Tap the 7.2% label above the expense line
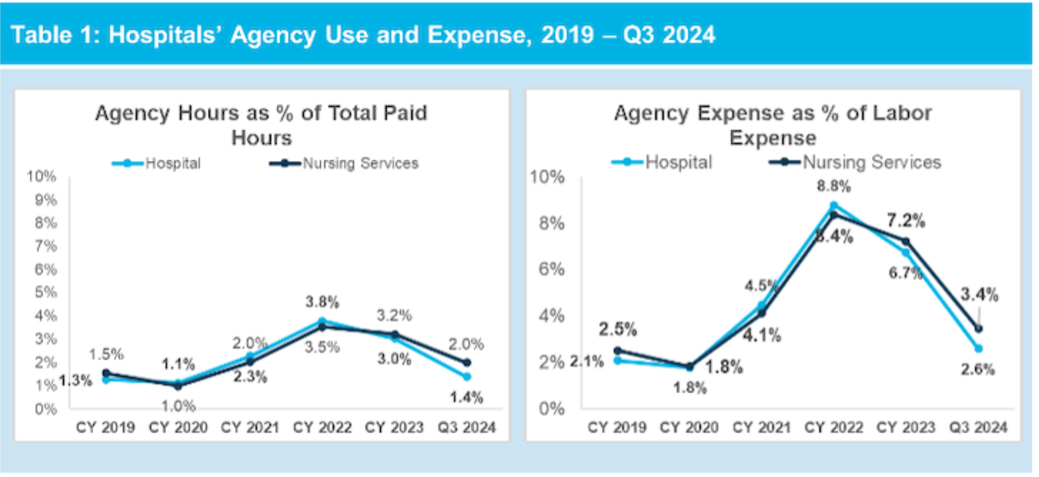coord(906,220)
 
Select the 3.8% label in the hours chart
coord(322,302)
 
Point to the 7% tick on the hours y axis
coord(45,246)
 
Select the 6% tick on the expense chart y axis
coord(551,269)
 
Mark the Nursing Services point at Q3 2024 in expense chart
coord(978,328)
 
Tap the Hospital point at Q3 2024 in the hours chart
coord(467,377)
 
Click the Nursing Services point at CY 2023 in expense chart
coord(906,241)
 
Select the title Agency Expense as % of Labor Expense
coord(773,125)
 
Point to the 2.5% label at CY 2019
coord(617,329)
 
